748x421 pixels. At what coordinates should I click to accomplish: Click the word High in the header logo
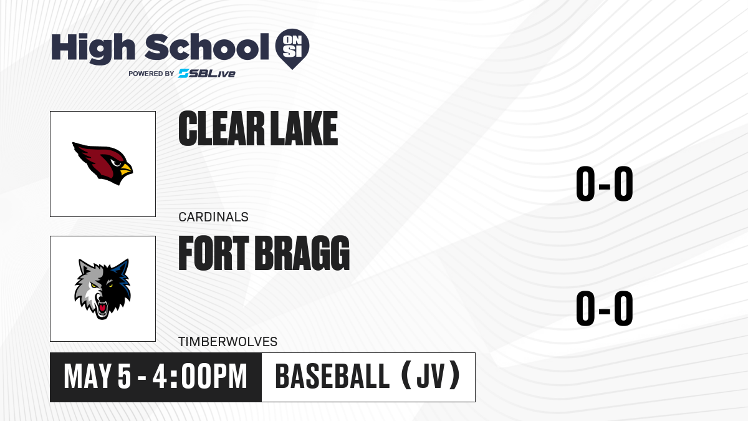(x=93, y=49)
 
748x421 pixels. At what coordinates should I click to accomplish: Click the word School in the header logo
(x=207, y=47)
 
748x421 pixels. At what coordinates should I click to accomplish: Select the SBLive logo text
(x=207, y=74)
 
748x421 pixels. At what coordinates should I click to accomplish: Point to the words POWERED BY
(x=151, y=74)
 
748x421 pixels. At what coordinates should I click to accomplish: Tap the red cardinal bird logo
(x=102, y=163)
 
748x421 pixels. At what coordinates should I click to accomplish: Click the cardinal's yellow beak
(x=126, y=169)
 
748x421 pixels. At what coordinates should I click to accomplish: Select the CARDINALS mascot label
(x=213, y=217)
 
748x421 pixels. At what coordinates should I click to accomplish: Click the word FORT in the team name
(x=214, y=253)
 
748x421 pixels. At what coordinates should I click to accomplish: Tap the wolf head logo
(x=102, y=289)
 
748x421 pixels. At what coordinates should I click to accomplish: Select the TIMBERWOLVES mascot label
(x=228, y=342)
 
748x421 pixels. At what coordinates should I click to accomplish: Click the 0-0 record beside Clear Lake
(x=605, y=184)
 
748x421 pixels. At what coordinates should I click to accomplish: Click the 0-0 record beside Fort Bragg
(x=605, y=308)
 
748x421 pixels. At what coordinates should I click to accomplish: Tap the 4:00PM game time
(x=199, y=377)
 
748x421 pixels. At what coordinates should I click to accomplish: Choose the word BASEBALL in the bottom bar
(x=332, y=377)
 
